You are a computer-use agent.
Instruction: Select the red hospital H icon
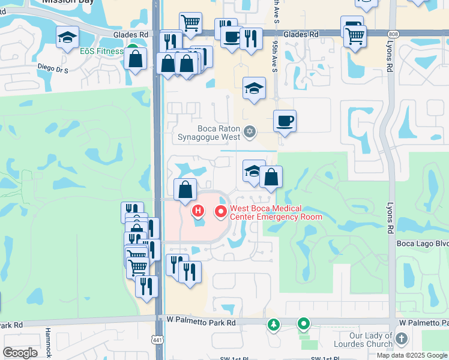pos(198,211)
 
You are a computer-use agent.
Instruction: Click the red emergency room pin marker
pos(220,211)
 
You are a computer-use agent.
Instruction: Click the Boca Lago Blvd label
pos(423,244)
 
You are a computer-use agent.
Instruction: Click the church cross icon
pos(402,340)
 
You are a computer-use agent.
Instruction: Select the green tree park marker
pos(274,325)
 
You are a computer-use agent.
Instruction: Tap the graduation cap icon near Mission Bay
pos(67,38)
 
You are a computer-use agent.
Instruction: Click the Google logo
pos(20,353)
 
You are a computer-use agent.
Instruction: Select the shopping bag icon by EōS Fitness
pos(137,59)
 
